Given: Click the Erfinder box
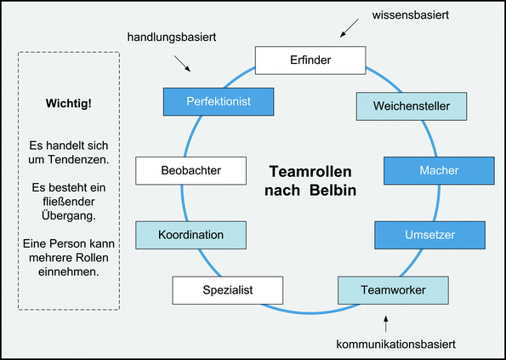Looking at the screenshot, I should point(310,60).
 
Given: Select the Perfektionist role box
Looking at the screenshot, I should point(219,102).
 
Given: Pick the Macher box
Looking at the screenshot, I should point(439,171).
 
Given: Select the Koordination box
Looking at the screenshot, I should point(191,234).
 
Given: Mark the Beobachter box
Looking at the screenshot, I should point(191,171).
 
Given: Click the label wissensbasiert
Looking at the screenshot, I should point(387,15).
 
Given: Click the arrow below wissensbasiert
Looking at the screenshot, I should point(349,31).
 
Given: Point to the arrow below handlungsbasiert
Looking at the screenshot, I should point(183,64).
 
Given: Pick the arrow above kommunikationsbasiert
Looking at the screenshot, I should point(387,323).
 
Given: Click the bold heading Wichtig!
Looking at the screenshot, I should point(68,105).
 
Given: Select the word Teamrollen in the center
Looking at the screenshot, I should point(309,171).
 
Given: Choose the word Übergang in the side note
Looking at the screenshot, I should point(69,215).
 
